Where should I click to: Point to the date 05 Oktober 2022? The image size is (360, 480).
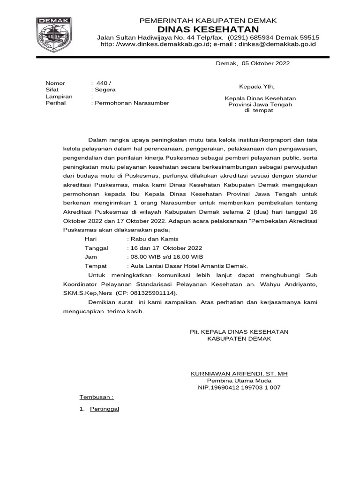[x=266, y=63]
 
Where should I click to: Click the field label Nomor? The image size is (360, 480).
[x=55, y=83]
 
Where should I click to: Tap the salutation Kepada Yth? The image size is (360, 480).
[x=257, y=87]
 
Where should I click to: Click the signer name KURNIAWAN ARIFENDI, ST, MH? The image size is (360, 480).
[x=239, y=374]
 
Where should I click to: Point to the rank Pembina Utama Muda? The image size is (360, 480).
[x=239, y=381]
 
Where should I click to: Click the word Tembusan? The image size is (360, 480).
[x=96, y=397]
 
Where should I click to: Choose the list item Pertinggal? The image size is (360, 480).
[x=105, y=409]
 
